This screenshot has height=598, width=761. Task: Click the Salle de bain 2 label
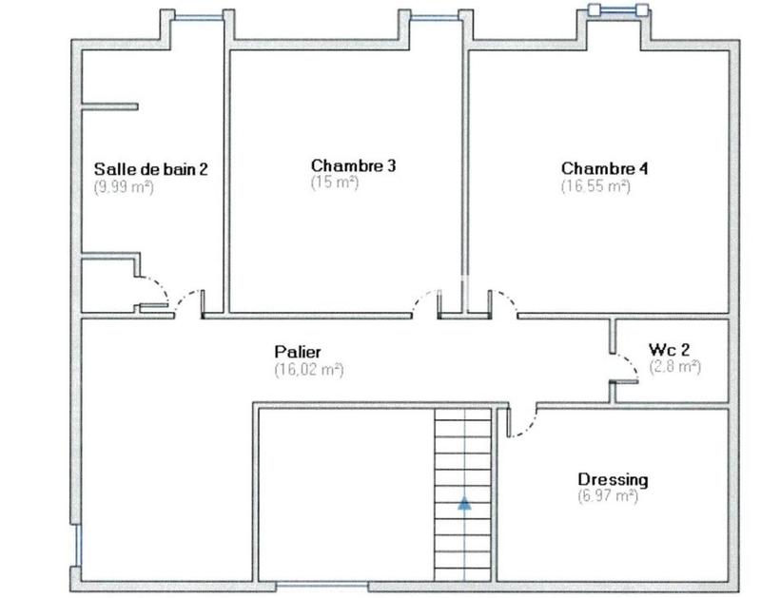(x=150, y=169)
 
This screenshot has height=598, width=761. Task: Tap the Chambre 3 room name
(x=340, y=165)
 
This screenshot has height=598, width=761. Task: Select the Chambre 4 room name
(x=604, y=168)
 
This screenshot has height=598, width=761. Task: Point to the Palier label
(x=298, y=352)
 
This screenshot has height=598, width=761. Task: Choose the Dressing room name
(x=613, y=479)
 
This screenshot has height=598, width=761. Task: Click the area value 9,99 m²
(x=124, y=187)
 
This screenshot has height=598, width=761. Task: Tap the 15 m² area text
(x=334, y=183)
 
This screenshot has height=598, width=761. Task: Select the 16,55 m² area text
(x=595, y=186)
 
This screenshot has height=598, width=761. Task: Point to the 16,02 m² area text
(x=308, y=369)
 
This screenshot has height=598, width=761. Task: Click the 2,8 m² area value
(x=674, y=366)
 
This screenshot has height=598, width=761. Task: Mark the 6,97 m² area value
(x=607, y=496)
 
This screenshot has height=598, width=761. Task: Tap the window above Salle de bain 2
(x=199, y=15)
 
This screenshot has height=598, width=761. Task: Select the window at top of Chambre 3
(x=436, y=15)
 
